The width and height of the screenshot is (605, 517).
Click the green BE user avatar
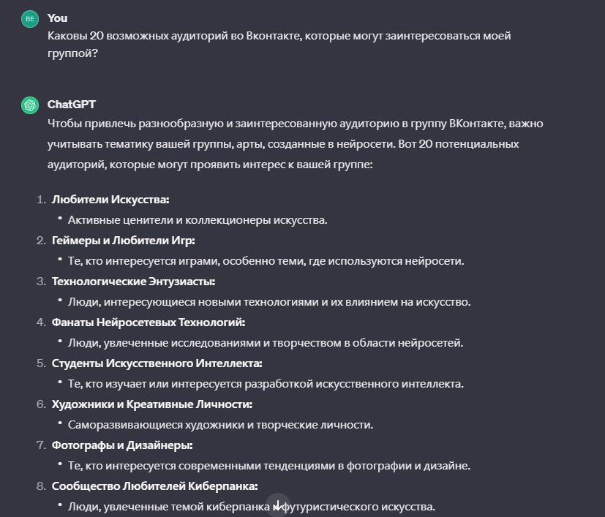point(29,19)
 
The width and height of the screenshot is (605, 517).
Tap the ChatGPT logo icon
point(29,105)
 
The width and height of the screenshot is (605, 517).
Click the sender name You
point(57,18)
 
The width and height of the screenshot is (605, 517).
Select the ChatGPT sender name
point(71,105)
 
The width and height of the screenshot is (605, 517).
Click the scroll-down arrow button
point(277,505)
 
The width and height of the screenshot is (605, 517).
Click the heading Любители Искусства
point(110,199)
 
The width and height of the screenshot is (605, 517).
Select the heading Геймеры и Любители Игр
point(124,240)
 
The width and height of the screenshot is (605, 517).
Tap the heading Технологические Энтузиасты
point(133,281)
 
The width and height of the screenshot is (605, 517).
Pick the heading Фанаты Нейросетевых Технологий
point(149,322)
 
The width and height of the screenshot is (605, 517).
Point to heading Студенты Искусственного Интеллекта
point(157,363)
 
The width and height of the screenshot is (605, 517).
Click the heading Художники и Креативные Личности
point(152,404)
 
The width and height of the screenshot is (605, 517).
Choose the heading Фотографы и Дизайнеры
point(122,445)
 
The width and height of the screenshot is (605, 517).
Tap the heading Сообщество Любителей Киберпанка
point(154,486)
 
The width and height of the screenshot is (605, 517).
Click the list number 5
point(41,363)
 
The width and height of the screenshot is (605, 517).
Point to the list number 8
point(41,486)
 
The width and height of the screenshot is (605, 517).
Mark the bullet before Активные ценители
point(59,219)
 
